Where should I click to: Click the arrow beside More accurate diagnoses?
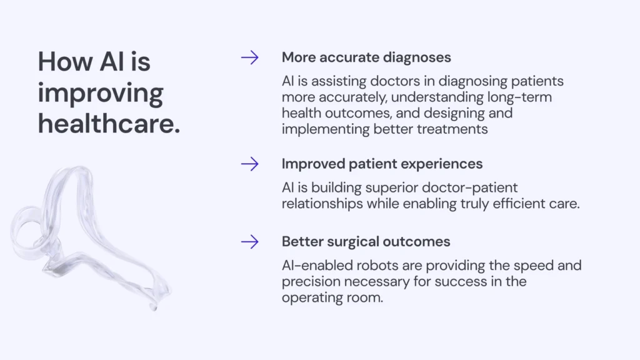pyautogui.click(x=250, y=57)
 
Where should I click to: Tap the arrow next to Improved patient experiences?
pyautogui.click(x=250, y=164)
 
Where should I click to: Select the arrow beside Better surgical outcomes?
pyautogui.click(x=250, y=242)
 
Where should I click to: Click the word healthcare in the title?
pyautogui.click(x=109, y=123)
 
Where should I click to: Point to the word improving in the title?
pyautogui.click(x=101, y=94)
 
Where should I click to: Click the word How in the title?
pyautogui.click(x=65, y=62)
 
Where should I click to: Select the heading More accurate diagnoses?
pyautogui.click(x=366, y=57)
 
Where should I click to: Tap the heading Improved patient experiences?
pyautogui.click(x=382, y=164)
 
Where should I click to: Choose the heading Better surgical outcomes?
pyautogui.click(x=366, y=242)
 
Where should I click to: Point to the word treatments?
pyautogui.click(x=452, y=129)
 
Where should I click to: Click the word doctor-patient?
pyautogui.click(x=469, y=187)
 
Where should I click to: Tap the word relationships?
pyautogui.click(x=322, y=204)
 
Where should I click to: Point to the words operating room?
pyautogui.click(x=332, y=298)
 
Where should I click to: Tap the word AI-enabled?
pyautogui.click(x=317, y=265)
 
